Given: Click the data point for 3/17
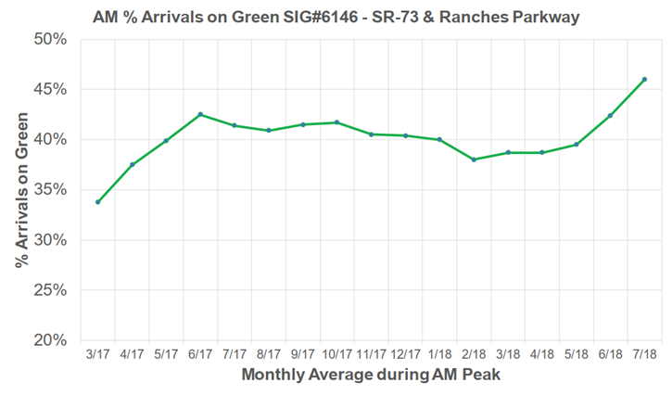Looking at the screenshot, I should coord(97,202).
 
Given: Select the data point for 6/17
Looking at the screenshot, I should coord(200,114).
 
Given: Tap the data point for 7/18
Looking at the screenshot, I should coord(644,79).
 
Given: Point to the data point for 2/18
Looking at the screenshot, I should coord(474,159).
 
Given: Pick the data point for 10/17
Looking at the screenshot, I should coord(336,122).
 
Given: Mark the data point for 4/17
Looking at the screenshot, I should coord(132,165).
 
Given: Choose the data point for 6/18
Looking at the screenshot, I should coord(610,115).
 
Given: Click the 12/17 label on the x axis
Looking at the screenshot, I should coord(405,355).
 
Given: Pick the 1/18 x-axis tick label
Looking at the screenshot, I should coord(439,355).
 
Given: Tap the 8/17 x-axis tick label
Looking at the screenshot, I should coord(269,355).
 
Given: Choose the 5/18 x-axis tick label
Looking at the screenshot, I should coord(576,355).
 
